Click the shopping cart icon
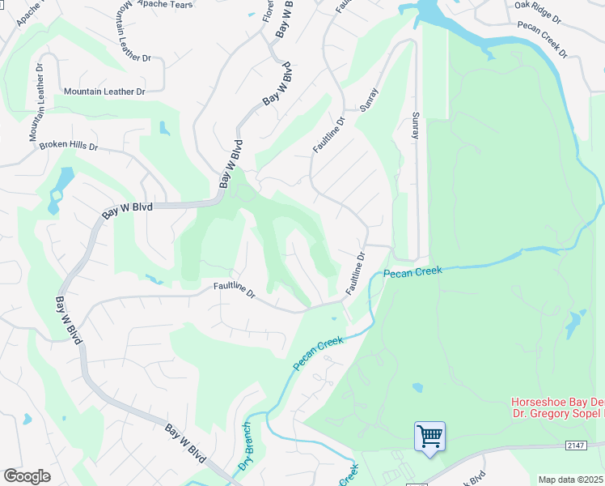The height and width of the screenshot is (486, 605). [429, 437]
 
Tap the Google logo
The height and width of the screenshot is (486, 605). [27, 476]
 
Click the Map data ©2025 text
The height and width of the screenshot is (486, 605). [571, 480]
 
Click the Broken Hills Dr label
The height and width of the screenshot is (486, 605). [68, 147]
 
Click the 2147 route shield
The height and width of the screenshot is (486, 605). [575, 446]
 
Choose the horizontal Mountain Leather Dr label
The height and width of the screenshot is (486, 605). [104, 92]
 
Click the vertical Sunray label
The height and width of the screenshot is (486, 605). [415, 126]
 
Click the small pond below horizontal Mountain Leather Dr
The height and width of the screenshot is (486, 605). [165, 128]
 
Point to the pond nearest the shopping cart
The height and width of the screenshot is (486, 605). [417, 387]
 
